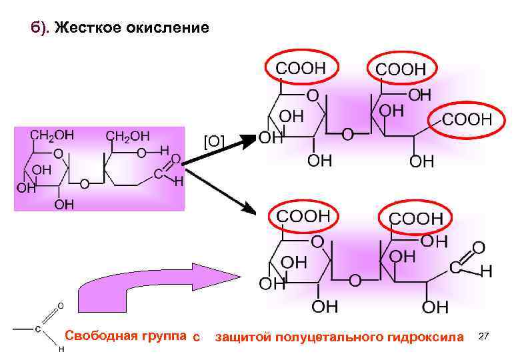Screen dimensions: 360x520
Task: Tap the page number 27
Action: (485, 338)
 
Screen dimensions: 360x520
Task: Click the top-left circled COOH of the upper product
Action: (301, 67)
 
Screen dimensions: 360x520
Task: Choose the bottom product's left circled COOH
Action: (303, 217)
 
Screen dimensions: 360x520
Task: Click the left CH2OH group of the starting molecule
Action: (52, 135)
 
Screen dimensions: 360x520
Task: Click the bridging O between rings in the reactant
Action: (83, 183)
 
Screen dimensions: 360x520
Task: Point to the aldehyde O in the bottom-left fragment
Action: (59, 305)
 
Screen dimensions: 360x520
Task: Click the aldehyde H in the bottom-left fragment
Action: (61, 349)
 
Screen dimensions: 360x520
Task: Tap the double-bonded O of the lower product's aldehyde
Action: (477, 248)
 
